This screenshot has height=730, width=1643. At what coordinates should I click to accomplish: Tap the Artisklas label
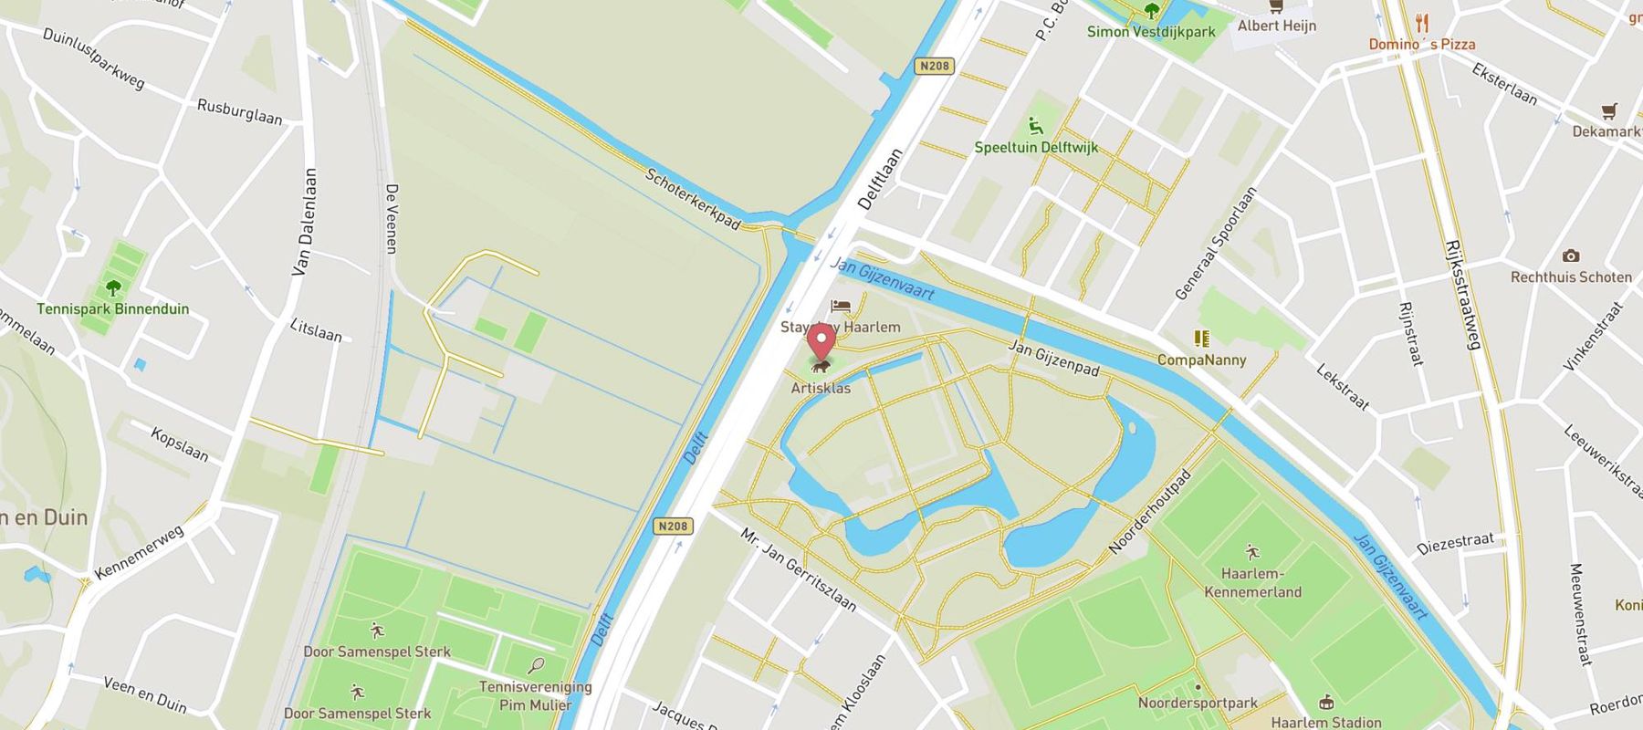pyautogui.click(x=821, y=388)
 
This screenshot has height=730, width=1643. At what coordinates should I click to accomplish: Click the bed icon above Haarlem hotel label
pyautogui.click(x=841, y=307)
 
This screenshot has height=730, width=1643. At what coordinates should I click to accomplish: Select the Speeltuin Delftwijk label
pyautogui.click(x=1036, y=147)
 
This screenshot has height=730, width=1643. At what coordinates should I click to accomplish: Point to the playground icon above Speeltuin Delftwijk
pyautogui.click(x=1036, y=125)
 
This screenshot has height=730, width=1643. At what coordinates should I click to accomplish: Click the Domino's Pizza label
pyautogui.click(x=1421, y=44)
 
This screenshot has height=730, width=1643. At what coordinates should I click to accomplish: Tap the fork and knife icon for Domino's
pyautogui.click(x=1421, y=23)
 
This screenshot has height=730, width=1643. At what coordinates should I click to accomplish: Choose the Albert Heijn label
pyautogui.click(x=1276, y=26)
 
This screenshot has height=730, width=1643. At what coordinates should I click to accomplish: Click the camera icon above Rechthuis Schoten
pyautogui.click(x=1571, y=255)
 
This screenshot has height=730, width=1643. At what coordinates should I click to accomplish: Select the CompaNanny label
pyautogui.click(x=1201, y=360)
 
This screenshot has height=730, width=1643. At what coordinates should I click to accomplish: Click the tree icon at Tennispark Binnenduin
pyautogui.click(x=113, y=288)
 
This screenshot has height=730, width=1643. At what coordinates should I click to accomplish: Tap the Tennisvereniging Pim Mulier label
pyautogui.click(x=536, y=695)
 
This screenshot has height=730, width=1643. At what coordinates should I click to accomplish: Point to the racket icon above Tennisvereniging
pyautogui.click(x=537, y=666)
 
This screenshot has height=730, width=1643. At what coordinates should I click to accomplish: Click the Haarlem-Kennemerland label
pyautogui.click(x=1252, y=582)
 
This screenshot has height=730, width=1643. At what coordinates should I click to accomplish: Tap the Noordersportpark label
pyautogui.click(x=1198, y=703)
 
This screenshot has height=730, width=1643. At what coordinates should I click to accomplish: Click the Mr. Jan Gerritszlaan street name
pyautogui.click(x=799, y=569)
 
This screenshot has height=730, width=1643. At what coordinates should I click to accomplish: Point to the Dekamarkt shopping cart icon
pyautogui.click(x=1608, y=111)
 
